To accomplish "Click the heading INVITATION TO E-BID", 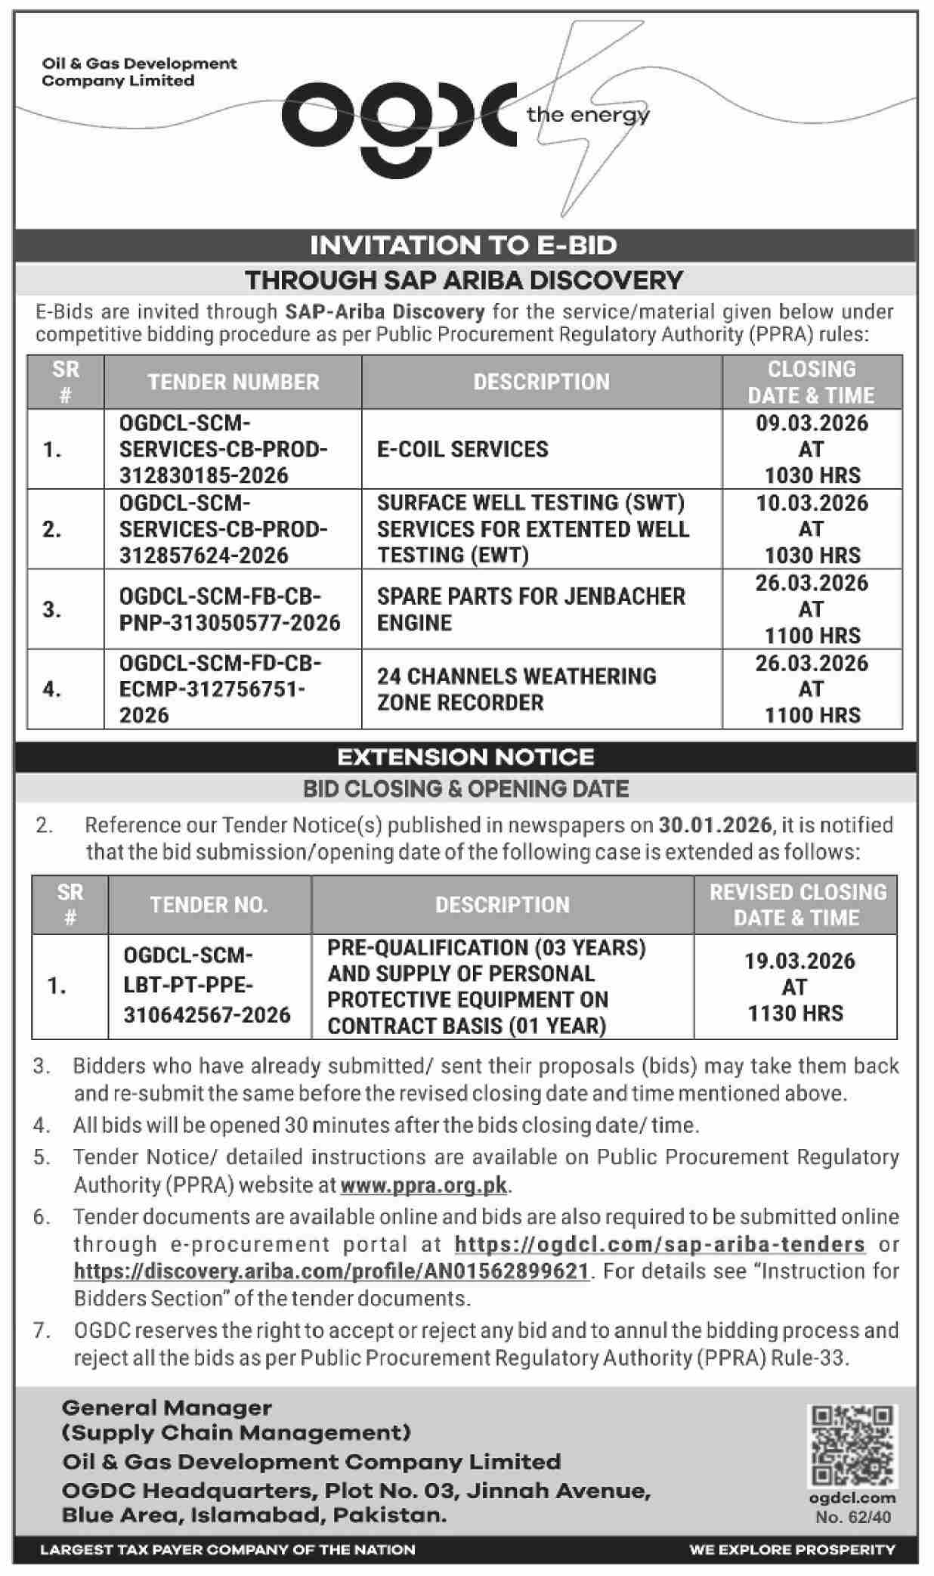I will click(x=464, y=245).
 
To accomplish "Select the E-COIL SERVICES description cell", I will click(x=462, y=449).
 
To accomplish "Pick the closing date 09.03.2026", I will click(x=812, y=423).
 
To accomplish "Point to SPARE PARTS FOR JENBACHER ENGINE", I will click(x=530, y=609).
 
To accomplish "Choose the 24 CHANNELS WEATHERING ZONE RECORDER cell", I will click(x=517, y=689).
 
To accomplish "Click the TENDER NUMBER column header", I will click(x=233, y=382).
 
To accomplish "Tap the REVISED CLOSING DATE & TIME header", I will click(x=796, y=905).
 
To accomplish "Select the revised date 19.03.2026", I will click(x=799, y=961).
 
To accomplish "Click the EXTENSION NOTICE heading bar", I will click(x=465, y=757).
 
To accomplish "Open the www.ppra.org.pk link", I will click(x=423, y=1184).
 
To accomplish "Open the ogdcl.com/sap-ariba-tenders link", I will click(x=660, y=1244).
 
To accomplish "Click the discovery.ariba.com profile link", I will click(x=331, y=1271).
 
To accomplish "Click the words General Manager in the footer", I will click(x=167, y=1408).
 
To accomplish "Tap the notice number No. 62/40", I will click(x=853, y=1517).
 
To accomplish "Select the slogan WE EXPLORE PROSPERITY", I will click(x=792, y=1549).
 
